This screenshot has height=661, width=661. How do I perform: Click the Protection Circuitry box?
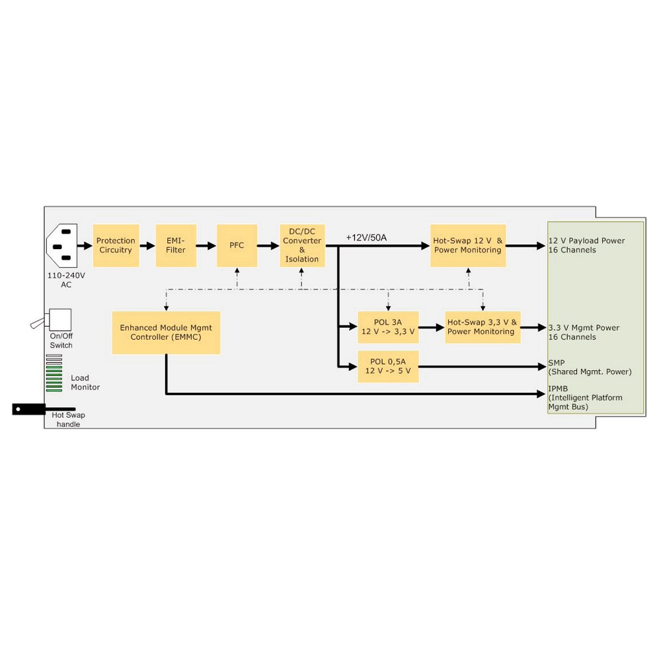pyautogui.click(x=116, y=245)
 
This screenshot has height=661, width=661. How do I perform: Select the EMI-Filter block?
pyautogui.click(x=176, y=245)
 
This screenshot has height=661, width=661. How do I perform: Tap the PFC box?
pyautogui.click(x=237, y=245)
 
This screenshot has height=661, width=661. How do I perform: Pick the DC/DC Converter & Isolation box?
pyautogui.click(x=302, y=245)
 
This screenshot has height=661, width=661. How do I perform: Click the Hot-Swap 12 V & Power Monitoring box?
pyautogui.click(x=468, y=245)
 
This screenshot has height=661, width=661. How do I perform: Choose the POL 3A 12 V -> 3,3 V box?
pyautogui.click(x=388, y=327)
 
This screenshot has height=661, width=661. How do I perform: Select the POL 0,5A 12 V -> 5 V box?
pyautogui.click(x=388, y=366)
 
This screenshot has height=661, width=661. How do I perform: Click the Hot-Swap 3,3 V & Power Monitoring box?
pyautogui.click(x=483, y=327)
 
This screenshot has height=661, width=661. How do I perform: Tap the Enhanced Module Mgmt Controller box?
pyautogui.click(x=166, y=332)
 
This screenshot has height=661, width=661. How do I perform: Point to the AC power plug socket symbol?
pyautogui.click(x=62, y=245)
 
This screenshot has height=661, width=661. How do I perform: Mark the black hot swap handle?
pyautogui.click(x=44, y=409)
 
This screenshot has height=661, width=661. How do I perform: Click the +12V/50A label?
pyautogui.click(x=366, y=237)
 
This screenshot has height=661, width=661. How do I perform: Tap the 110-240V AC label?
pyautogui.click(x=66, y=280)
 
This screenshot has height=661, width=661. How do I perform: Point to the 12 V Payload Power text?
pyautogui.click(x=586, y=241)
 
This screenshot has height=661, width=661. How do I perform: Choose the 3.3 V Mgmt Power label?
pyautogui.click(x=584, y=328)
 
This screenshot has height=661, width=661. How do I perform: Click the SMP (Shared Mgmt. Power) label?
pyautogui.click(x=590, y=367)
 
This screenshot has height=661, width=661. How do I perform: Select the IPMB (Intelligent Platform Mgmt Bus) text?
pyautogui.click(x=585, y=397)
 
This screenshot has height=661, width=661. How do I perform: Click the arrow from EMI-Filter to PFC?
pyautogui.click(x=206, y=245)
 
